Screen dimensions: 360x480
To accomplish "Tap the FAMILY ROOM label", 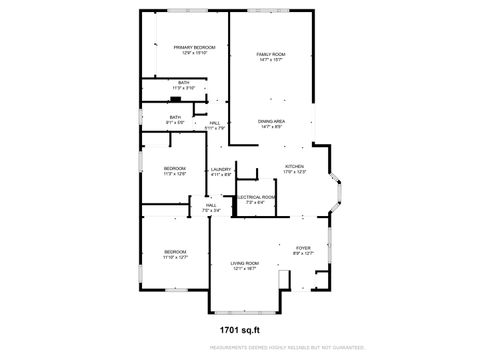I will [271, 53].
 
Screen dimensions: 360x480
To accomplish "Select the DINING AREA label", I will [272, 122].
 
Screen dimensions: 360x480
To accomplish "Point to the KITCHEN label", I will [294, 166].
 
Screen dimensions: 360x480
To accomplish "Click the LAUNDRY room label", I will [221, 169].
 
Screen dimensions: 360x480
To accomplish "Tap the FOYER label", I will [302, 248].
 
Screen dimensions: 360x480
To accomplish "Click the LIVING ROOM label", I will [246, 263].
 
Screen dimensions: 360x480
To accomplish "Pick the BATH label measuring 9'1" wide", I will [175, 117].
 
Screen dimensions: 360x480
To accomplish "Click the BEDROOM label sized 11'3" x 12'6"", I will [175, 169].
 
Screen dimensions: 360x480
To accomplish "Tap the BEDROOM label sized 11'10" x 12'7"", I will [175, 251].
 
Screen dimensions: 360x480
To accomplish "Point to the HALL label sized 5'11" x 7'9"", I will [215, 123].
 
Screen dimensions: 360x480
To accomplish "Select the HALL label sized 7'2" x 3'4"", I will [211, 205].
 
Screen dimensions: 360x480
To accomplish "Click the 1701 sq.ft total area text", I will [239, 328].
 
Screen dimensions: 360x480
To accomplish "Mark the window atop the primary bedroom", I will [185, 12].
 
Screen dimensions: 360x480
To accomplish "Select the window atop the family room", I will [271, 12].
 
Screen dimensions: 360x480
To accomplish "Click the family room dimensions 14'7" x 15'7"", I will [271, 59].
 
